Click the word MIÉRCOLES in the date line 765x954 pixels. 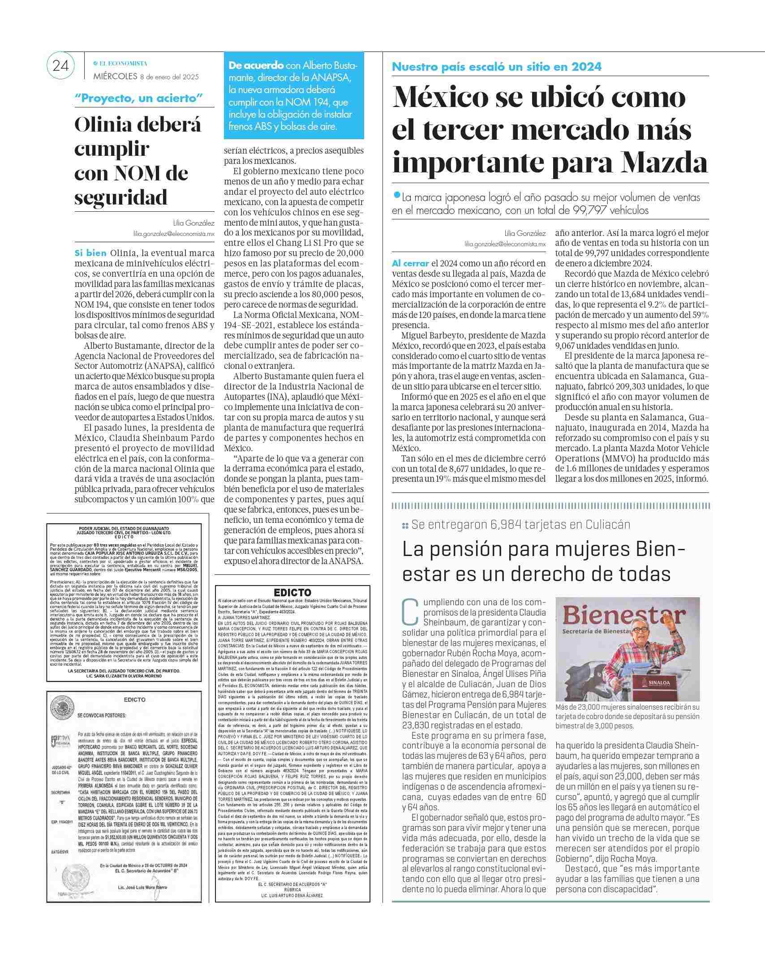point(115,77)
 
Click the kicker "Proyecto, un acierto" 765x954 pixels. point(139,98)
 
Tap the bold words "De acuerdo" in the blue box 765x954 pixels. point(256,65)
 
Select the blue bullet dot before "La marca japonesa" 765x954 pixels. point(396,195)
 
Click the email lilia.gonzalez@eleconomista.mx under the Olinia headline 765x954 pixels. point(174,233)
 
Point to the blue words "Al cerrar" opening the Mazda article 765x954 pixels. point(410,263)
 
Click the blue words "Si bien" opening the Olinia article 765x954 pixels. point(90,253)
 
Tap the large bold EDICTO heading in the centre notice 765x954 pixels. point(292,593)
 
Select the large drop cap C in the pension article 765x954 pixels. point(411,612)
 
